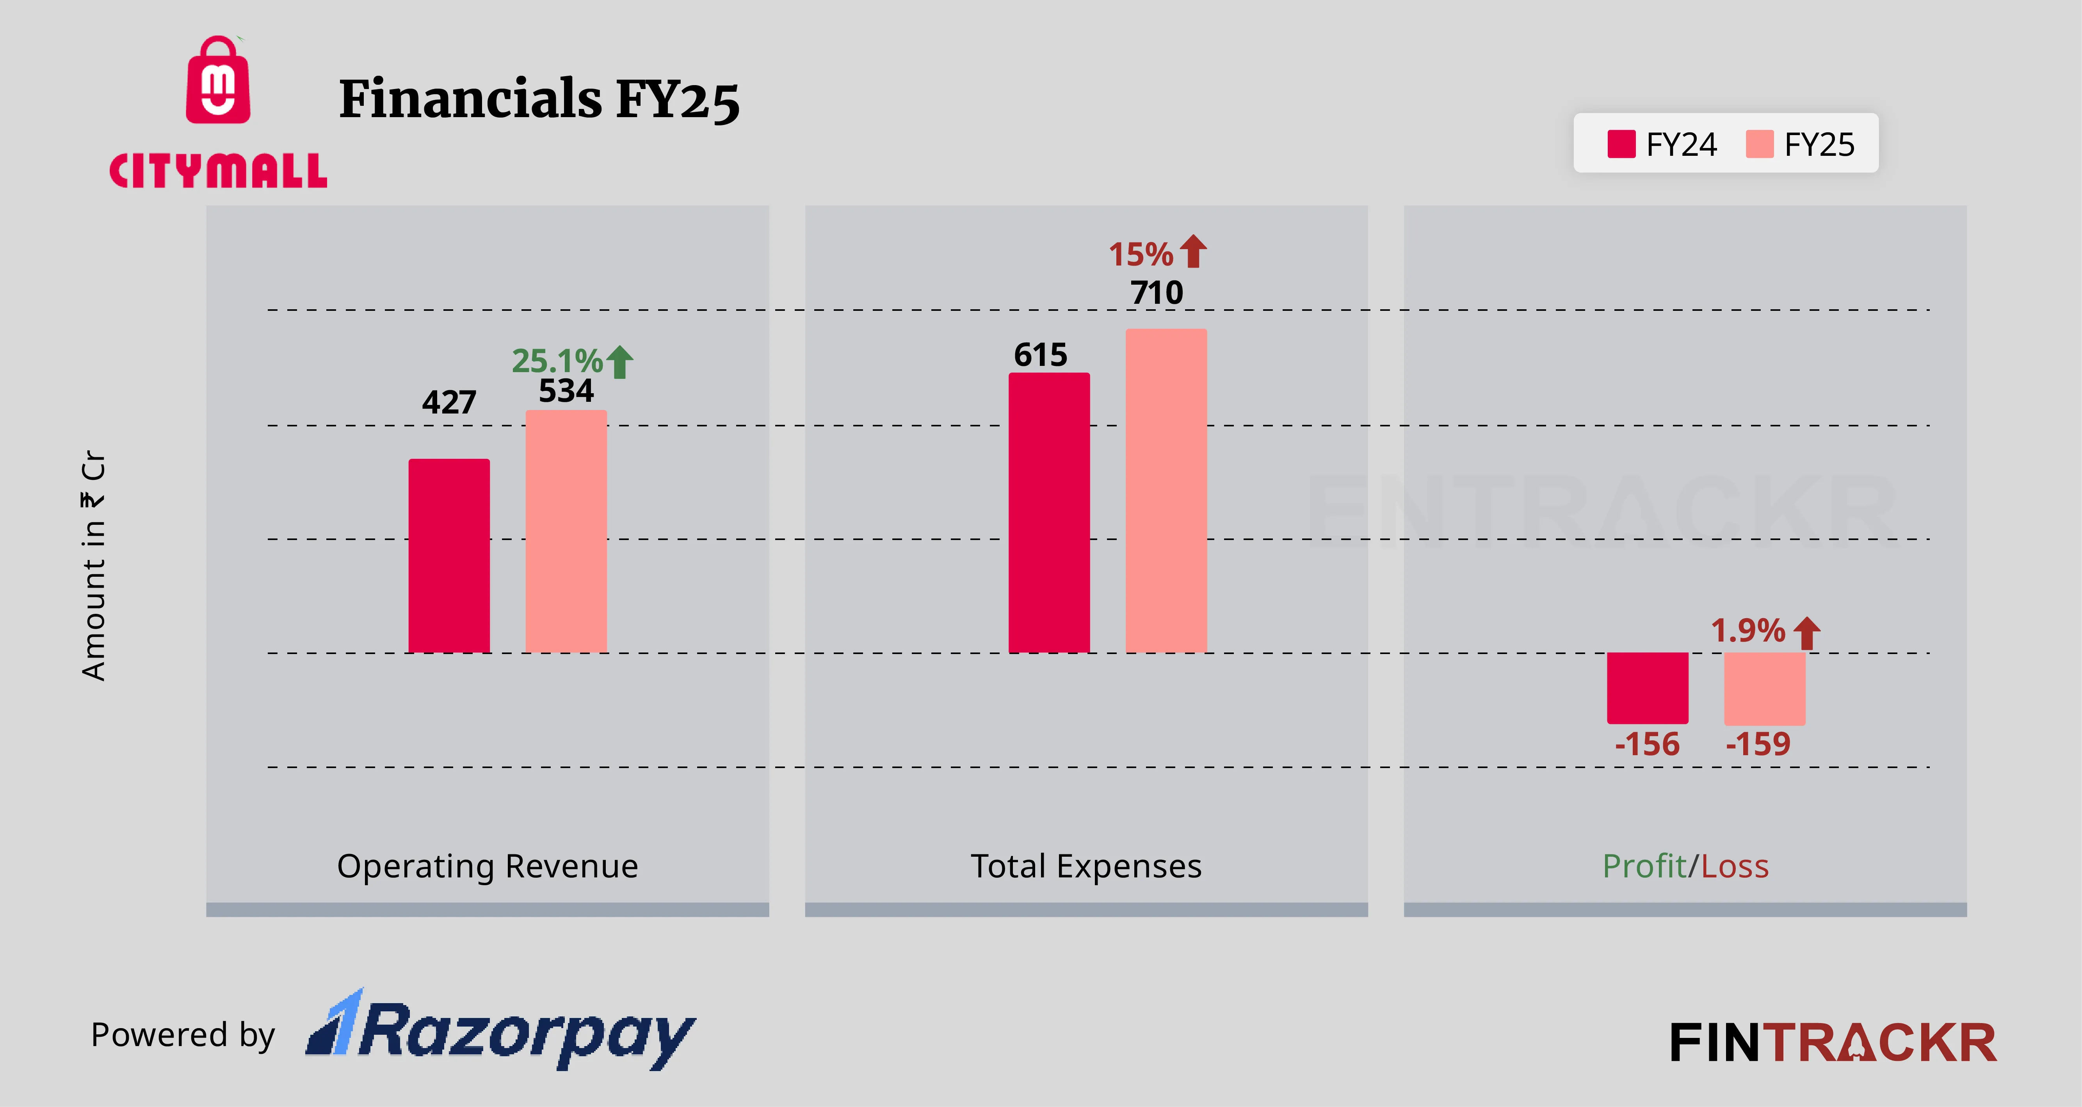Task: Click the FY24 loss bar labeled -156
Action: click(x=1647, y=688)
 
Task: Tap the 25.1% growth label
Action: click(x=557, y=361)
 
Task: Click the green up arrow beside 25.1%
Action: click(x=620, y=362)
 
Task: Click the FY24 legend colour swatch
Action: click(x=1621, y=144)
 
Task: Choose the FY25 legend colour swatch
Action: click(x=1760, y=144)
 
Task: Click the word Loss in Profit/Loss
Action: click(x=1735, y=866)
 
